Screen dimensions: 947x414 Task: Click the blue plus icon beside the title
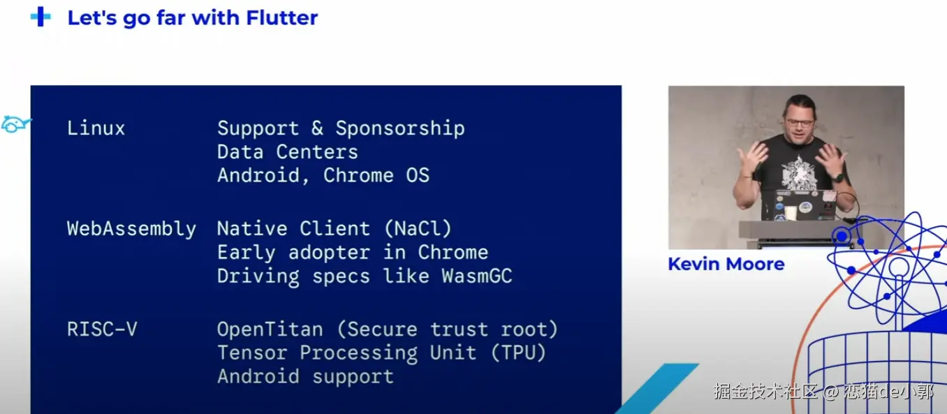coord(41,17)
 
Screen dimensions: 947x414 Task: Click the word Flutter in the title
coord(281,18)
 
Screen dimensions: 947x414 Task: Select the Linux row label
coord(96,128)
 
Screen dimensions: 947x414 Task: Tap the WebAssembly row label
coord(131,229)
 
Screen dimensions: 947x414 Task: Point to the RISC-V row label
coord(102,329)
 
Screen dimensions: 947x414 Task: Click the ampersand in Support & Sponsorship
coord(317,128)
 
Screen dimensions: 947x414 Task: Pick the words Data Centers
coord(288,152)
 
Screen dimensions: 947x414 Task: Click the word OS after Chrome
coord(418,175)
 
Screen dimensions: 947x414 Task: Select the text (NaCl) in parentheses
coord(418,228)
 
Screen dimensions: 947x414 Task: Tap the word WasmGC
coord(477,276)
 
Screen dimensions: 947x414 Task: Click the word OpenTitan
coord(270,329)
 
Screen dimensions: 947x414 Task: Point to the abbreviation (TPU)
coord(518,353)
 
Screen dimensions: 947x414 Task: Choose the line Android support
coord(305,376)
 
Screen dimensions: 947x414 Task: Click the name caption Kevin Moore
coord(726,264)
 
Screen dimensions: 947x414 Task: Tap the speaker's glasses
coord(800,124)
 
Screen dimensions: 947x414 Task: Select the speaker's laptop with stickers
coord(798,205)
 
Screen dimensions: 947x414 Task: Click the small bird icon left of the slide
coord(16,124)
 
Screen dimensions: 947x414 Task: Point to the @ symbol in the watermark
coord(831,392)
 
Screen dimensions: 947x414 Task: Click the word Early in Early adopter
coord(246,253)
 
